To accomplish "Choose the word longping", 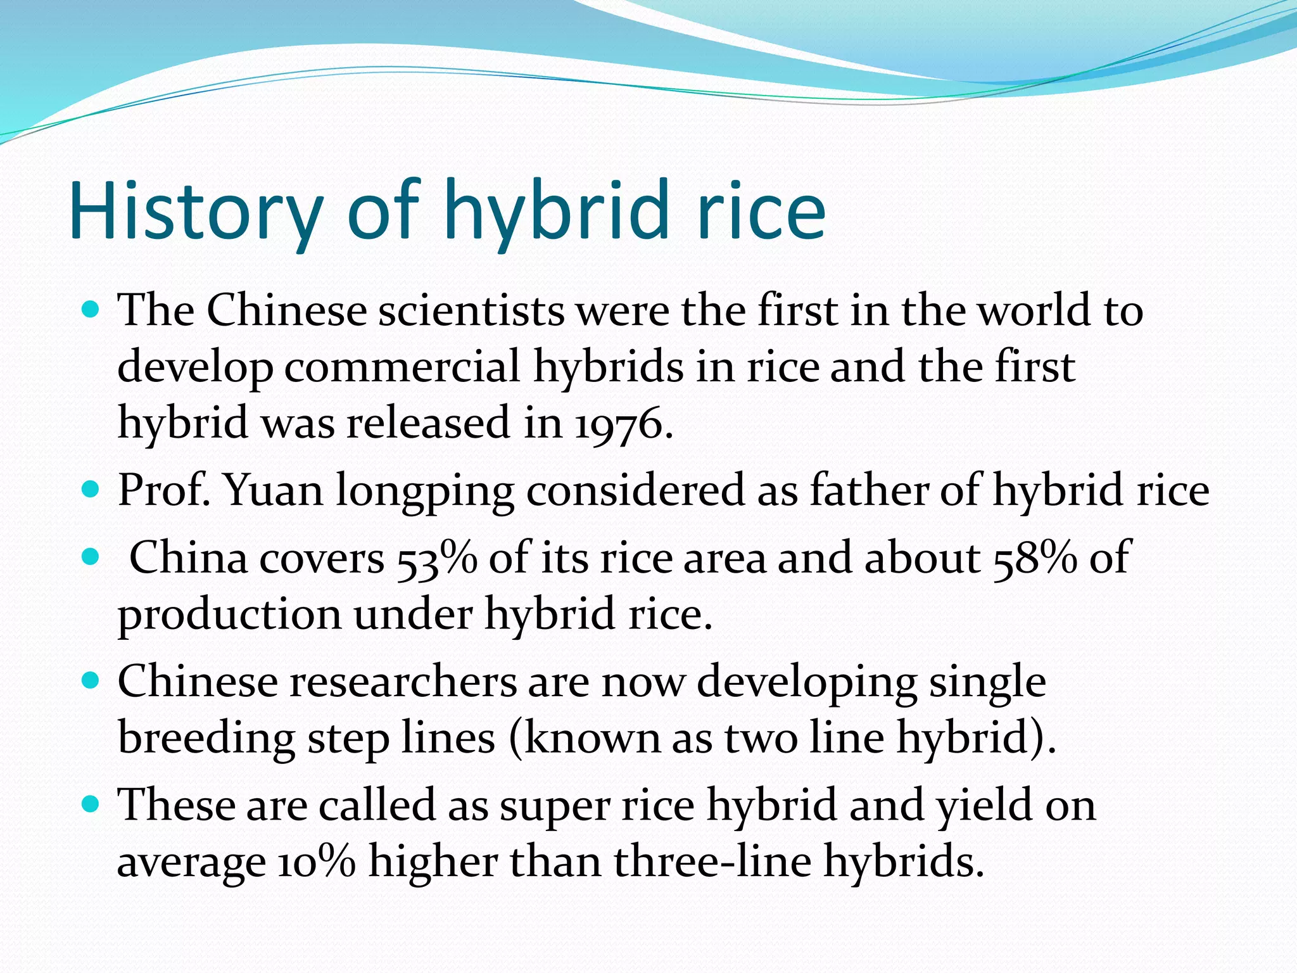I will [424, 492].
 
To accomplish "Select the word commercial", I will [402, 367].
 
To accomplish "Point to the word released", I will [428, 423].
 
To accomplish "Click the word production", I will [229, 614].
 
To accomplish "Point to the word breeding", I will [206, 739].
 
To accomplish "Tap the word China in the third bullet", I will [188, 558].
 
